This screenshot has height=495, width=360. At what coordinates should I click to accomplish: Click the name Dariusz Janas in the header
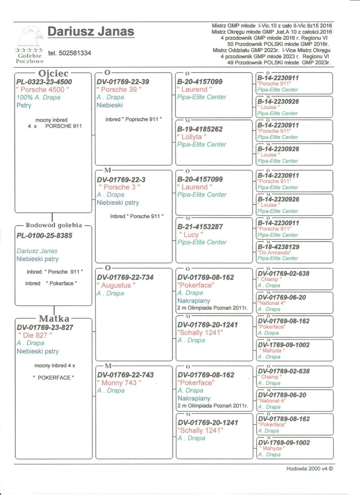[90, 31]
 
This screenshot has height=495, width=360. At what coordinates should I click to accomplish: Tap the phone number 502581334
[69, 53]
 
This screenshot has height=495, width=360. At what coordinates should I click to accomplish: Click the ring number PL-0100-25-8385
[44, 235]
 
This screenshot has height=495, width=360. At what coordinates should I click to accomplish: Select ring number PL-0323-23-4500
[44, 82]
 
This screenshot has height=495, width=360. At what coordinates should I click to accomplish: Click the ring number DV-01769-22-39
[123, 82]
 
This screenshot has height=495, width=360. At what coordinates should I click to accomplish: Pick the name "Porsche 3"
[119, 187]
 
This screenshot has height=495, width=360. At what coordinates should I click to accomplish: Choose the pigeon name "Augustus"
[116, 285]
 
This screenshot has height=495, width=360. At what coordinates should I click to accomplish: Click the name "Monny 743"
[119, 382]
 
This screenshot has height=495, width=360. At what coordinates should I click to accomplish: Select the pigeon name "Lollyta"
[193, 137]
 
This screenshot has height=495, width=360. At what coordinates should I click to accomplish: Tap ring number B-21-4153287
[200, 227]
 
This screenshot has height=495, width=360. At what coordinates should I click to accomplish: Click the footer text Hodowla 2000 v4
[309, 468]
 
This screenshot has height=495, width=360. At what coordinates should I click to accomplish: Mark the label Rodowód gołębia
[54, 225]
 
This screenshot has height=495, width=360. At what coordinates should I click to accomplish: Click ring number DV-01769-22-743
[125, 375]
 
